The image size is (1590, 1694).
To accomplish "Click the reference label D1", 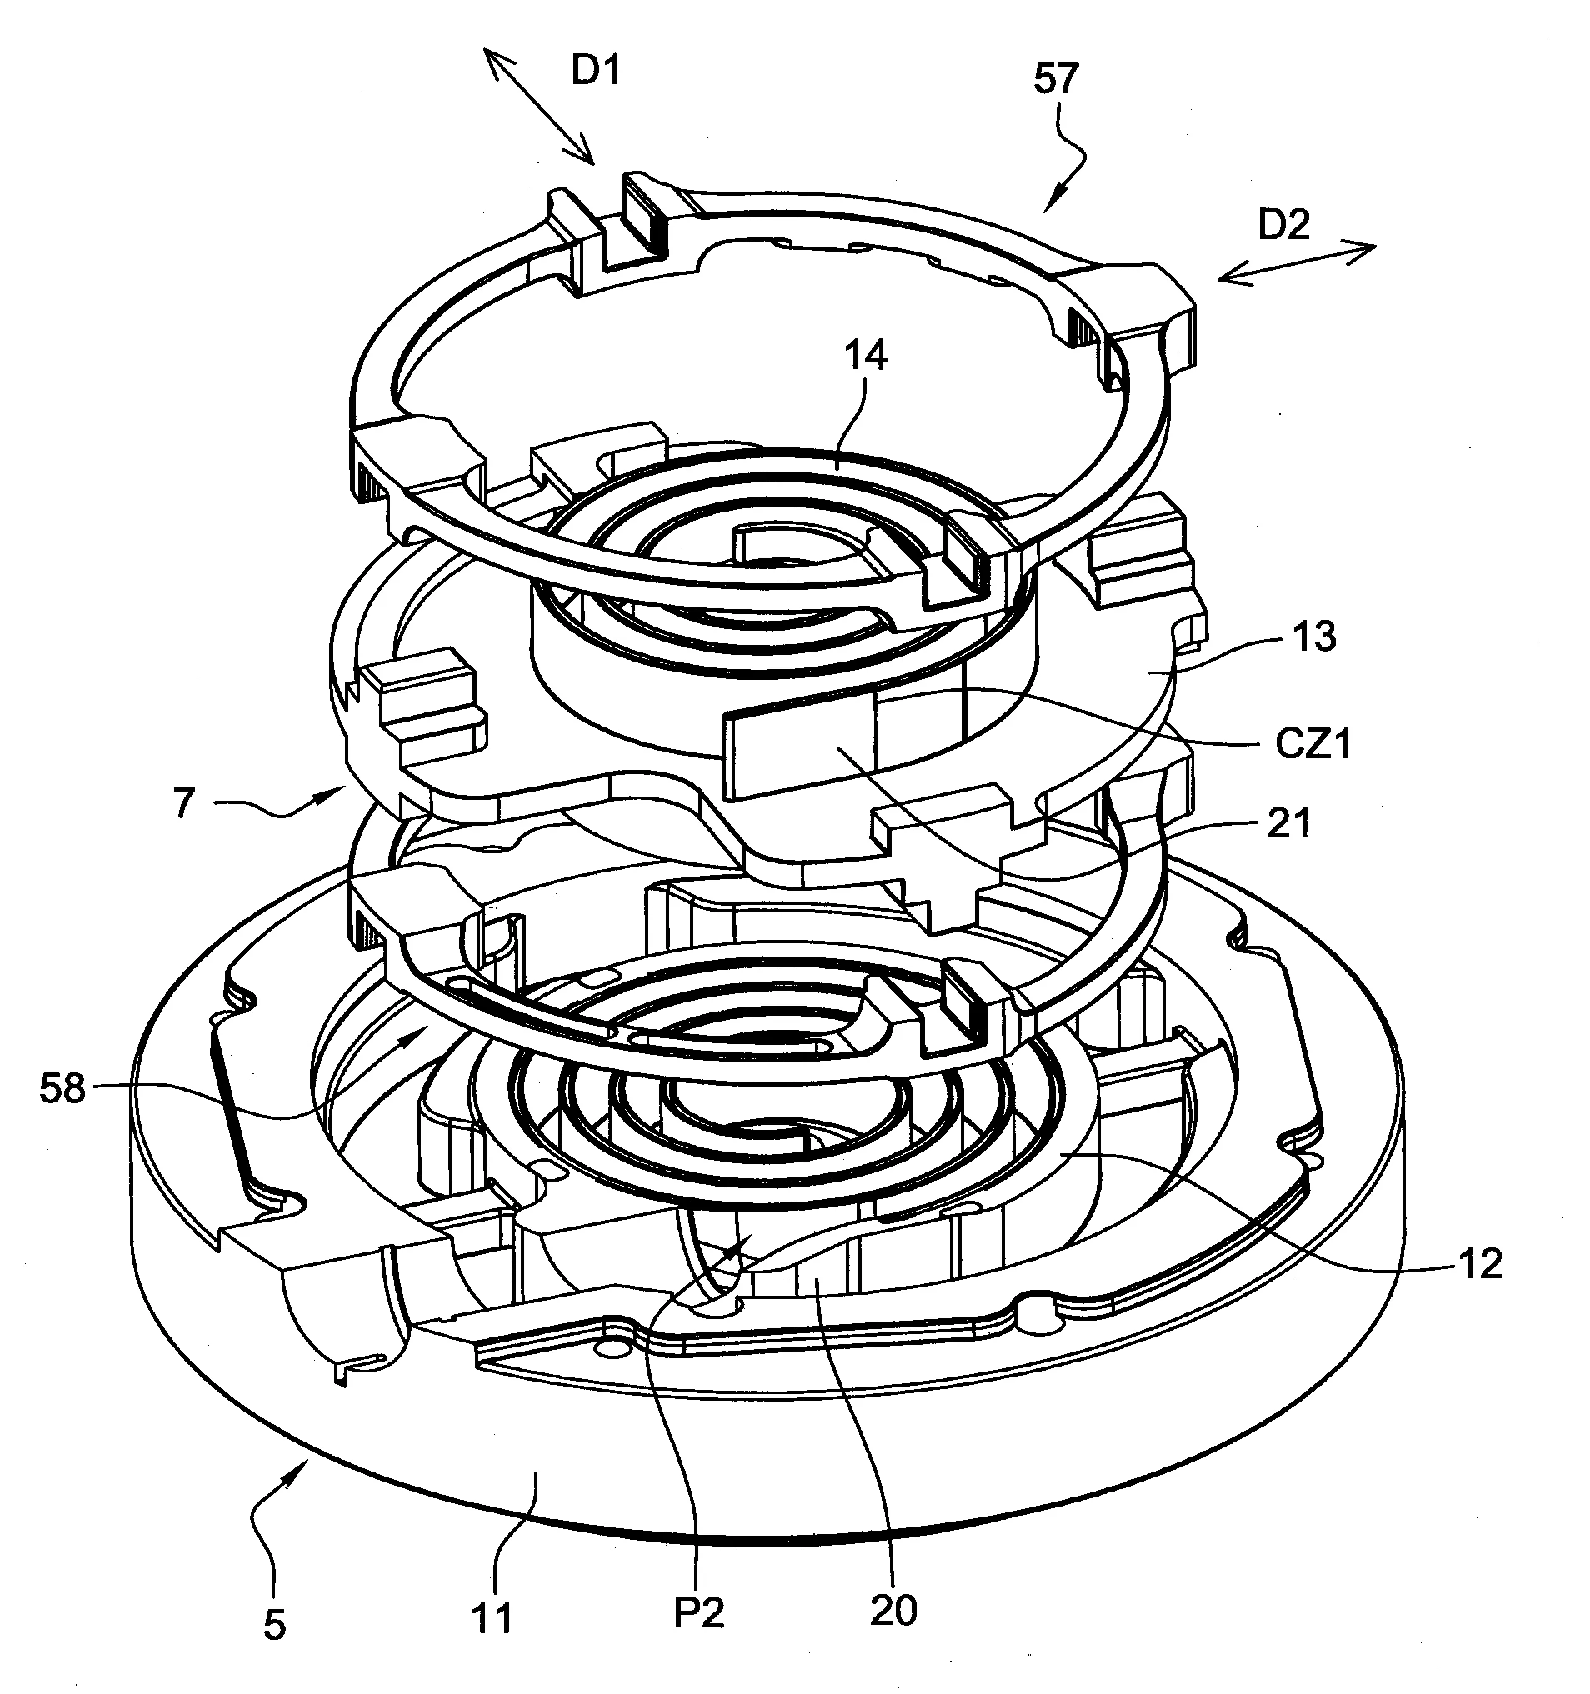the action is [595, 72].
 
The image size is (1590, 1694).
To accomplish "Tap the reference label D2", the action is [1283, 226].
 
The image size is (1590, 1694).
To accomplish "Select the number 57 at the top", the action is [1056, 79].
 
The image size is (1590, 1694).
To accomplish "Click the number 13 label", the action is [1313, 637].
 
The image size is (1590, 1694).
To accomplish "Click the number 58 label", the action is [63, 1089].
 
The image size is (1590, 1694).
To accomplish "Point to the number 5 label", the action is [273, 1627].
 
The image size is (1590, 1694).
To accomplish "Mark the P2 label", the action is [698, 1613].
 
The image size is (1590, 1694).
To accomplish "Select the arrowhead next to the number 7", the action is [336, 794].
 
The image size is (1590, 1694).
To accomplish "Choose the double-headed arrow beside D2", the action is [1296, 263].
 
